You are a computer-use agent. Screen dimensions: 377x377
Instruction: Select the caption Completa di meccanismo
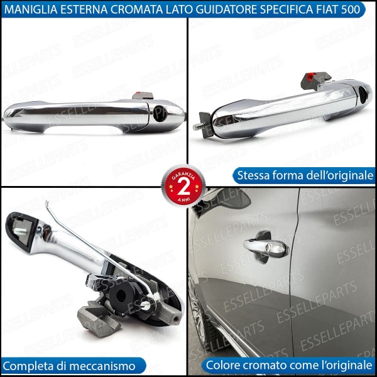[74, 365]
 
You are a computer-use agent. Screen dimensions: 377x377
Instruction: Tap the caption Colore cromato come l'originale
[288, 365]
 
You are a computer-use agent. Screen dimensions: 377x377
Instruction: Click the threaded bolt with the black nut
[203, 122]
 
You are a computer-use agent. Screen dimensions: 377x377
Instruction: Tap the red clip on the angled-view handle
[310, 79]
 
